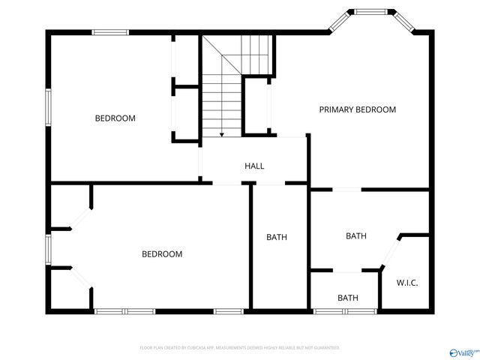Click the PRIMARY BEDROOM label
[x=357, y=109]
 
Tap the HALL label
[x=254, y=166]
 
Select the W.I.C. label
[x=407, y=282]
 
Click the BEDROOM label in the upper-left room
[x=115, y=118]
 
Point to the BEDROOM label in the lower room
[x=162, y=254]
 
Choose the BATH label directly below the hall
[x=277, y=238]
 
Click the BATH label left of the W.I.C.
[x=356, y=236]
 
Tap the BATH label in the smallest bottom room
[x=348, y=298]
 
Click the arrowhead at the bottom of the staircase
[x=222, y=135]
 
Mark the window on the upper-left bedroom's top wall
[x=110, y=31]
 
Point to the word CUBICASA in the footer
[x=191, y=348]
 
